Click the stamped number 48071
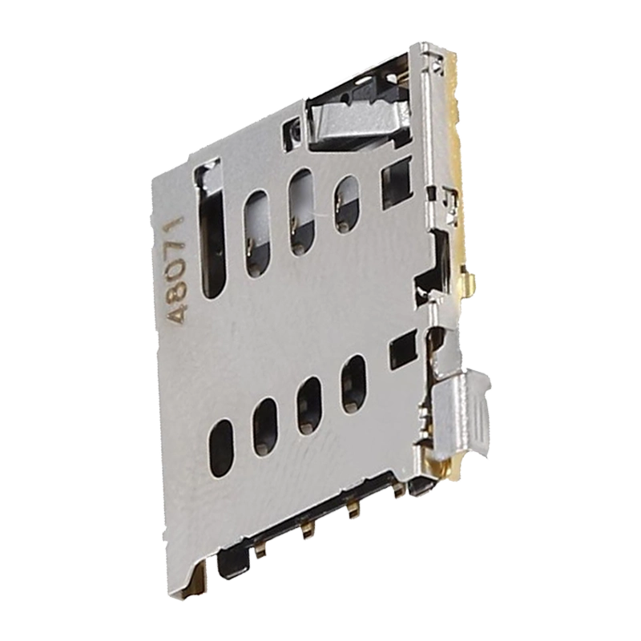(x=176, y=270)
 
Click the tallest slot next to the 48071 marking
(x=212, y=232)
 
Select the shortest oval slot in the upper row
(x=347, y=204)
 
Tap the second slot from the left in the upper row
(x=257, y=233)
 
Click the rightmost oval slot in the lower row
(x=353, y=385)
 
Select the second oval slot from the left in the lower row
(x=265, y=426)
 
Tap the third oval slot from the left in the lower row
(x=309, y=405)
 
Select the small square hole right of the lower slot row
(x=402, y=351)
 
